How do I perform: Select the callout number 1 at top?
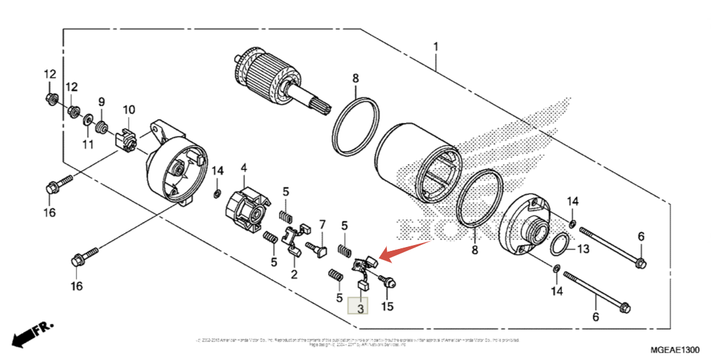[436, 47]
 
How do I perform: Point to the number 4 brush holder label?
[244, 168]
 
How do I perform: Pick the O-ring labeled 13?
[559, 246]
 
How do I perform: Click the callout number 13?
[583, 248]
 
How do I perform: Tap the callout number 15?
[388, 306]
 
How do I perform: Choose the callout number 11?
[88, 143]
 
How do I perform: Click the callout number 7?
[322, 225]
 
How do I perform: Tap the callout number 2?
[294, 274]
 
